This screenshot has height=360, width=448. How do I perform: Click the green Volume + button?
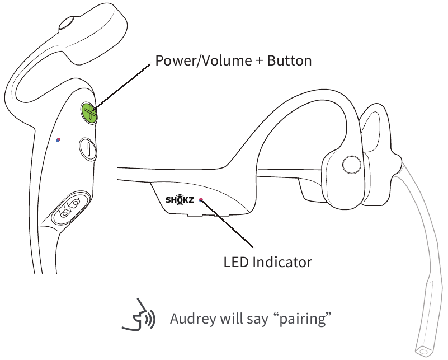[89, 113]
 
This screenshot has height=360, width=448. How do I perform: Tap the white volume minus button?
[88, 148]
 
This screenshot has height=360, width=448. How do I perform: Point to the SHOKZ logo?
[180, 199]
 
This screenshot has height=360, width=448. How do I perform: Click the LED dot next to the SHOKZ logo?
[201, 199]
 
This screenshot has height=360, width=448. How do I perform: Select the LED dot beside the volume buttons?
[58, 140]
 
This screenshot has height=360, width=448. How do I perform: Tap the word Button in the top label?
[289, 60]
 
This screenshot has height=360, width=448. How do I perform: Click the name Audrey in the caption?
[193, 319]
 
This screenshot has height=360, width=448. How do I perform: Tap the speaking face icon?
[139, 315]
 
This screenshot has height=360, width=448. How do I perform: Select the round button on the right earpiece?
[351, 165]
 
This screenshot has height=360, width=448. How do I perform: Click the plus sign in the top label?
[260, 61]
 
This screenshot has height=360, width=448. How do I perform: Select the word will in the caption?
[232, 318]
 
